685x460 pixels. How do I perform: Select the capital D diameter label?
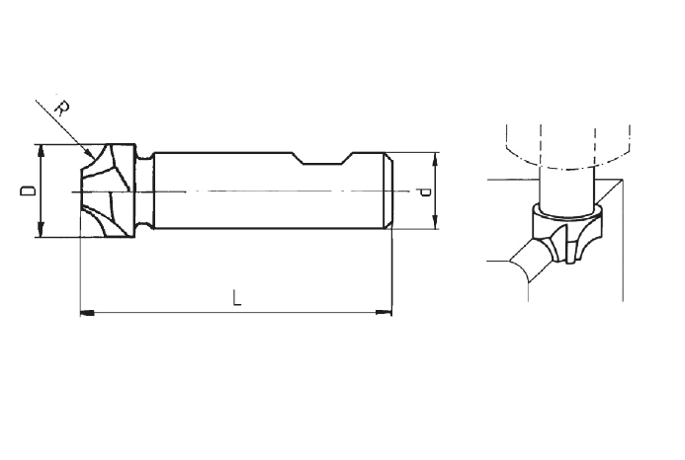coord(30,191)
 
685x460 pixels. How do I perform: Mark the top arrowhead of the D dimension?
coord(41,151)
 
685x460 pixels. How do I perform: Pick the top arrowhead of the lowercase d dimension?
coord(435,158)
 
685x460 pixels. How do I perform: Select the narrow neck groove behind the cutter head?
coord(148,191)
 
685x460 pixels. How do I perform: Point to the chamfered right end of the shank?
coord(387,191)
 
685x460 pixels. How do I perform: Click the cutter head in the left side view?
coord(109,191)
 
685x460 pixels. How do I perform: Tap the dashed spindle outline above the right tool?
coord(564,138)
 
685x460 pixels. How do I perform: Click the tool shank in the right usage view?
coord(564,188)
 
